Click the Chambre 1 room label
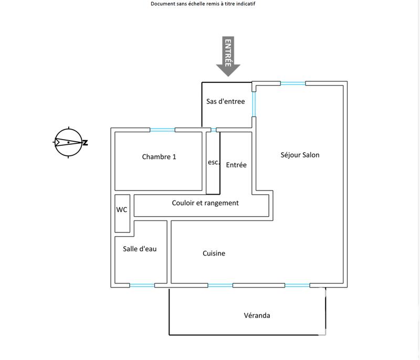pyautogui.click(x=159, y=157)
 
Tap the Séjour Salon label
pyautogui.click(x=300, y=155)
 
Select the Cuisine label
pyautogui.click(x=214, y=253)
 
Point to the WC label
pyautogui.click(x=122, y=209)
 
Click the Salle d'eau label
pyautogui.click(x=140, y=249)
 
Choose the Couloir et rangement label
pyautogui.click(x=205, y=203)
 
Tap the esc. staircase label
pyautogui.click(x=213, y=162)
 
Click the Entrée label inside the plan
pyautogui.click(x=236, y=165)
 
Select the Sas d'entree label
pyautogui.click(x=225, y=101)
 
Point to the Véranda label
pyautogui.click(x=257, y=315)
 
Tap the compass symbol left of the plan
pyautogui.click(x=68, y=142)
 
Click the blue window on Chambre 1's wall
pyautogui.click(x=162, y=130)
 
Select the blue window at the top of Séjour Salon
pyautogui.click(x=293, y=83)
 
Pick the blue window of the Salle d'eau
pyautogui.click(x=142, y=285)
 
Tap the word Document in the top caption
pyautogui.click(x=163, y=4)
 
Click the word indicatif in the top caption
pyautogui.click(x=245, y=4)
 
